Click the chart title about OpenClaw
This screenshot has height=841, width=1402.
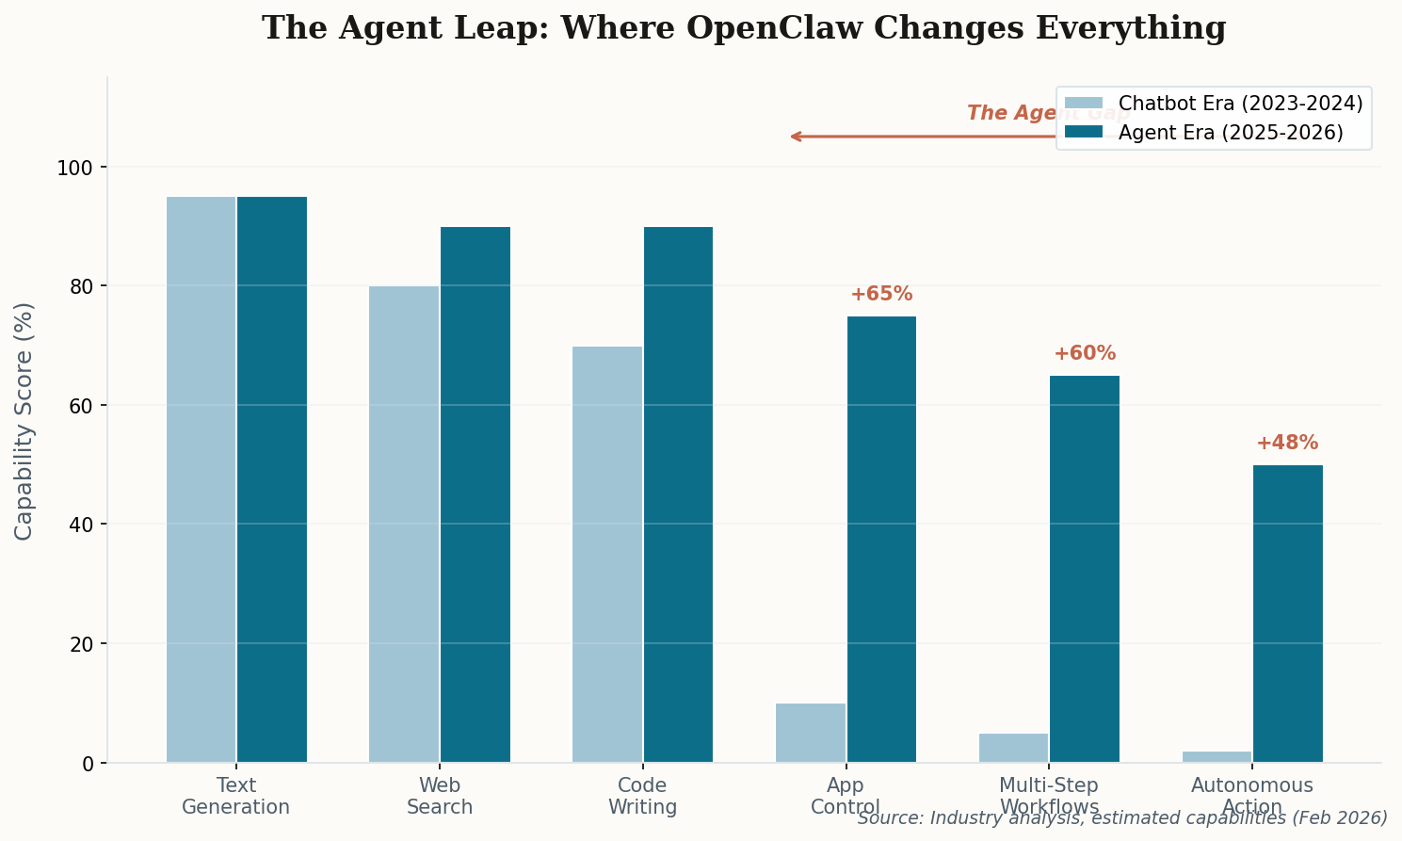point(744,28)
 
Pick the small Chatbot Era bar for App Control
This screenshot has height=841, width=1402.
point(811,733)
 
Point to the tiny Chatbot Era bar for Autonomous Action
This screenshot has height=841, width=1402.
point(1217,756)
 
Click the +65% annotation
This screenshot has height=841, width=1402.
point(881,294)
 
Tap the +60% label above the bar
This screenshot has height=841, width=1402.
point(1085,354)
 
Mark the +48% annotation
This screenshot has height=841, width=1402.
point(1287,444)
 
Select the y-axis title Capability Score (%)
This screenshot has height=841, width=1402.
point(24,420)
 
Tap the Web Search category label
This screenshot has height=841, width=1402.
point(440,796)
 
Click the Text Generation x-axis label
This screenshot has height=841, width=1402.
point(235,796)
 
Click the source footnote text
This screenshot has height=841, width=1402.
point(1122,818)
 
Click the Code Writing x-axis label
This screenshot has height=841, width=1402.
point(642,796)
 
